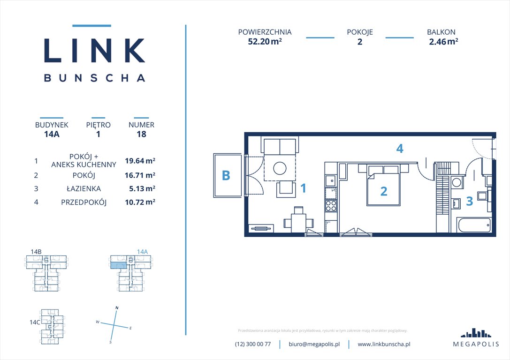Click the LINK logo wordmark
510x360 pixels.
94,50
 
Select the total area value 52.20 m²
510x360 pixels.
265,41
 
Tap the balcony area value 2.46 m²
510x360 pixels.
443,41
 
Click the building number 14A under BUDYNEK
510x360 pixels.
52,134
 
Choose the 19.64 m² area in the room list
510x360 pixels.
140,160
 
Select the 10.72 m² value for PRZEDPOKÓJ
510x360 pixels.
140,202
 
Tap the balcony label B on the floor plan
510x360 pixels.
226,176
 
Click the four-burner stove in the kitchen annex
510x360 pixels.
331,206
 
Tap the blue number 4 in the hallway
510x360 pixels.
399,149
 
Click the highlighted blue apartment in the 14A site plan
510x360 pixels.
118,265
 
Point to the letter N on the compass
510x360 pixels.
117,307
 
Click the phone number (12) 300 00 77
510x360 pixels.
253,344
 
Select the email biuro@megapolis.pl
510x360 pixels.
314,344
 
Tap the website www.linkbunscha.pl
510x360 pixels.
384,344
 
